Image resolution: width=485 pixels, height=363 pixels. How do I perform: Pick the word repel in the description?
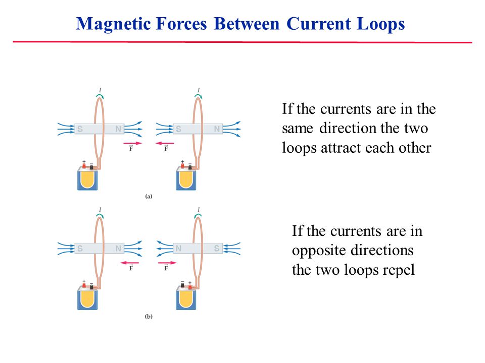[400, 270]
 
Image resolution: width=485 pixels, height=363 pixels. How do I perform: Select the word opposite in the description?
[317, 251]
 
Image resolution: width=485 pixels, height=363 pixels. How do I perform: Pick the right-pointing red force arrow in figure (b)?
[165, 263]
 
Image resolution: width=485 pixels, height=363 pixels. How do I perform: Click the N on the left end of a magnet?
[178, 249]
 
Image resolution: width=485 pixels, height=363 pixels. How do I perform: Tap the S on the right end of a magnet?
[217, 249]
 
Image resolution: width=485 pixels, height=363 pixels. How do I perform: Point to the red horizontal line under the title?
[243, 42]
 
